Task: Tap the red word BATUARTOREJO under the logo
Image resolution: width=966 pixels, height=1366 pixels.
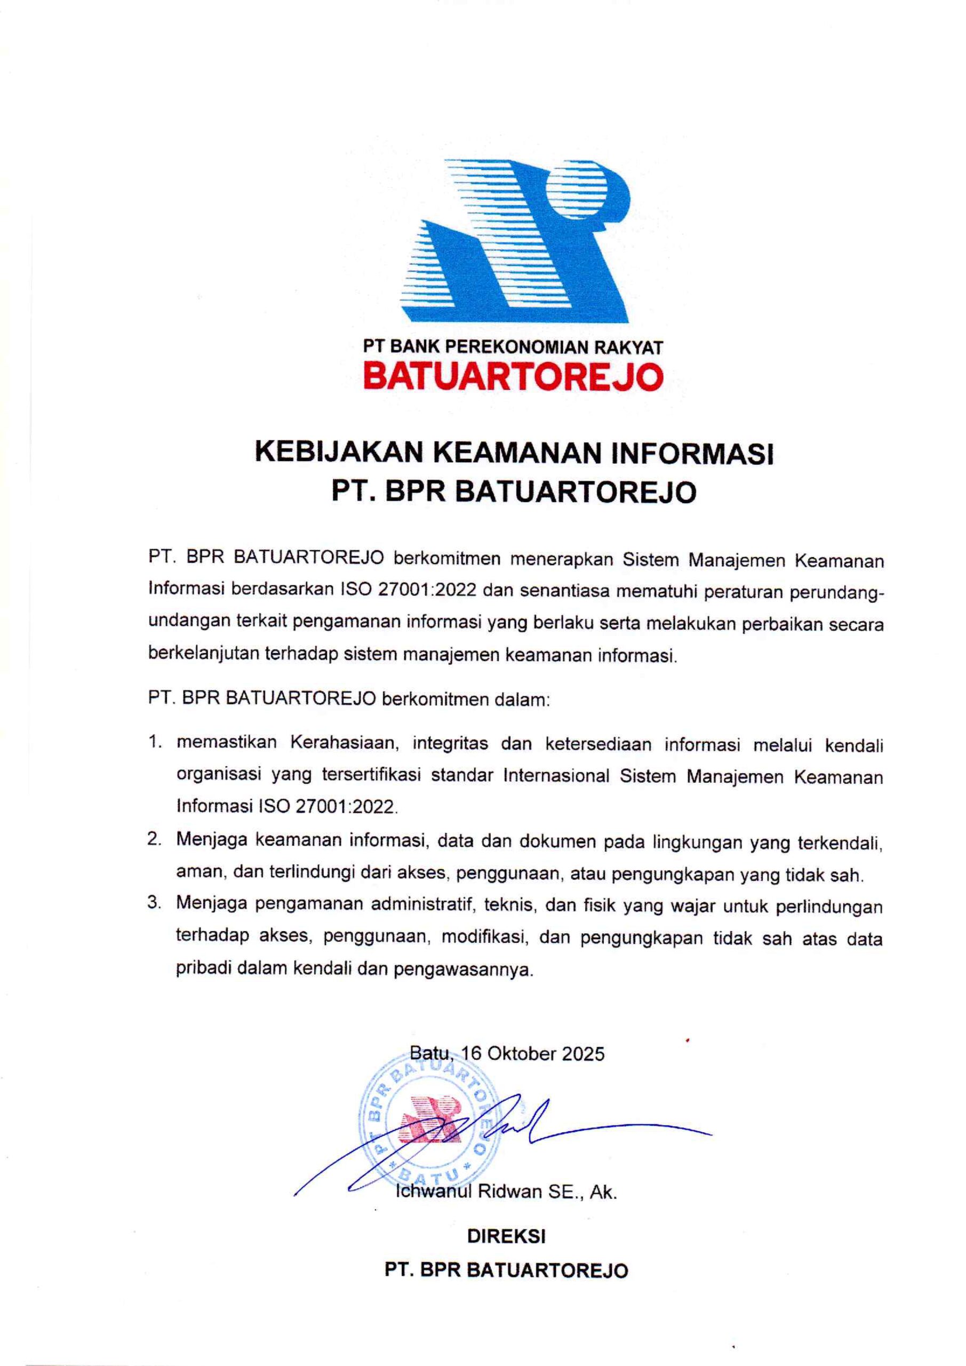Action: coord(513,376)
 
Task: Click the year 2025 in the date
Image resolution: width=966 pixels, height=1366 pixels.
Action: coord(583,1054)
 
